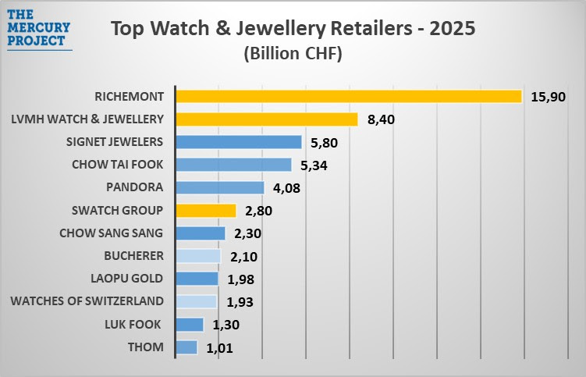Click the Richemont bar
pyautogui.click(x=348, y=96)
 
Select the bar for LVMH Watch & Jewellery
pyautogui.click(x=266, y=119)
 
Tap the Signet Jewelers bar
pyautogui.click(x=238, y=142)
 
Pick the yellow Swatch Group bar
pyautogui.click(x=205, y=211)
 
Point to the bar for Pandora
pyautogui.click(x=220, y=187)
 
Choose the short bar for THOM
pyautogui.click(x=186, y=347)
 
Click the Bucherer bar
pyautogui.click(x=198, y=256)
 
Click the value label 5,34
pyautogui.click(x=316, y=165)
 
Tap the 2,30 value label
pyautogui.click(x=250, y=233)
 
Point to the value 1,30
pyautogui.click(x=229, y=325)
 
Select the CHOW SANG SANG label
pyautogui.click(x=112, y=233)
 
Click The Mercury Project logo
pyautogui.click(x=38, y=28)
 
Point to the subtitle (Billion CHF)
pyautogui.click(x=293, y=54)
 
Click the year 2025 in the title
pyautogui.click(x=447, y=29)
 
